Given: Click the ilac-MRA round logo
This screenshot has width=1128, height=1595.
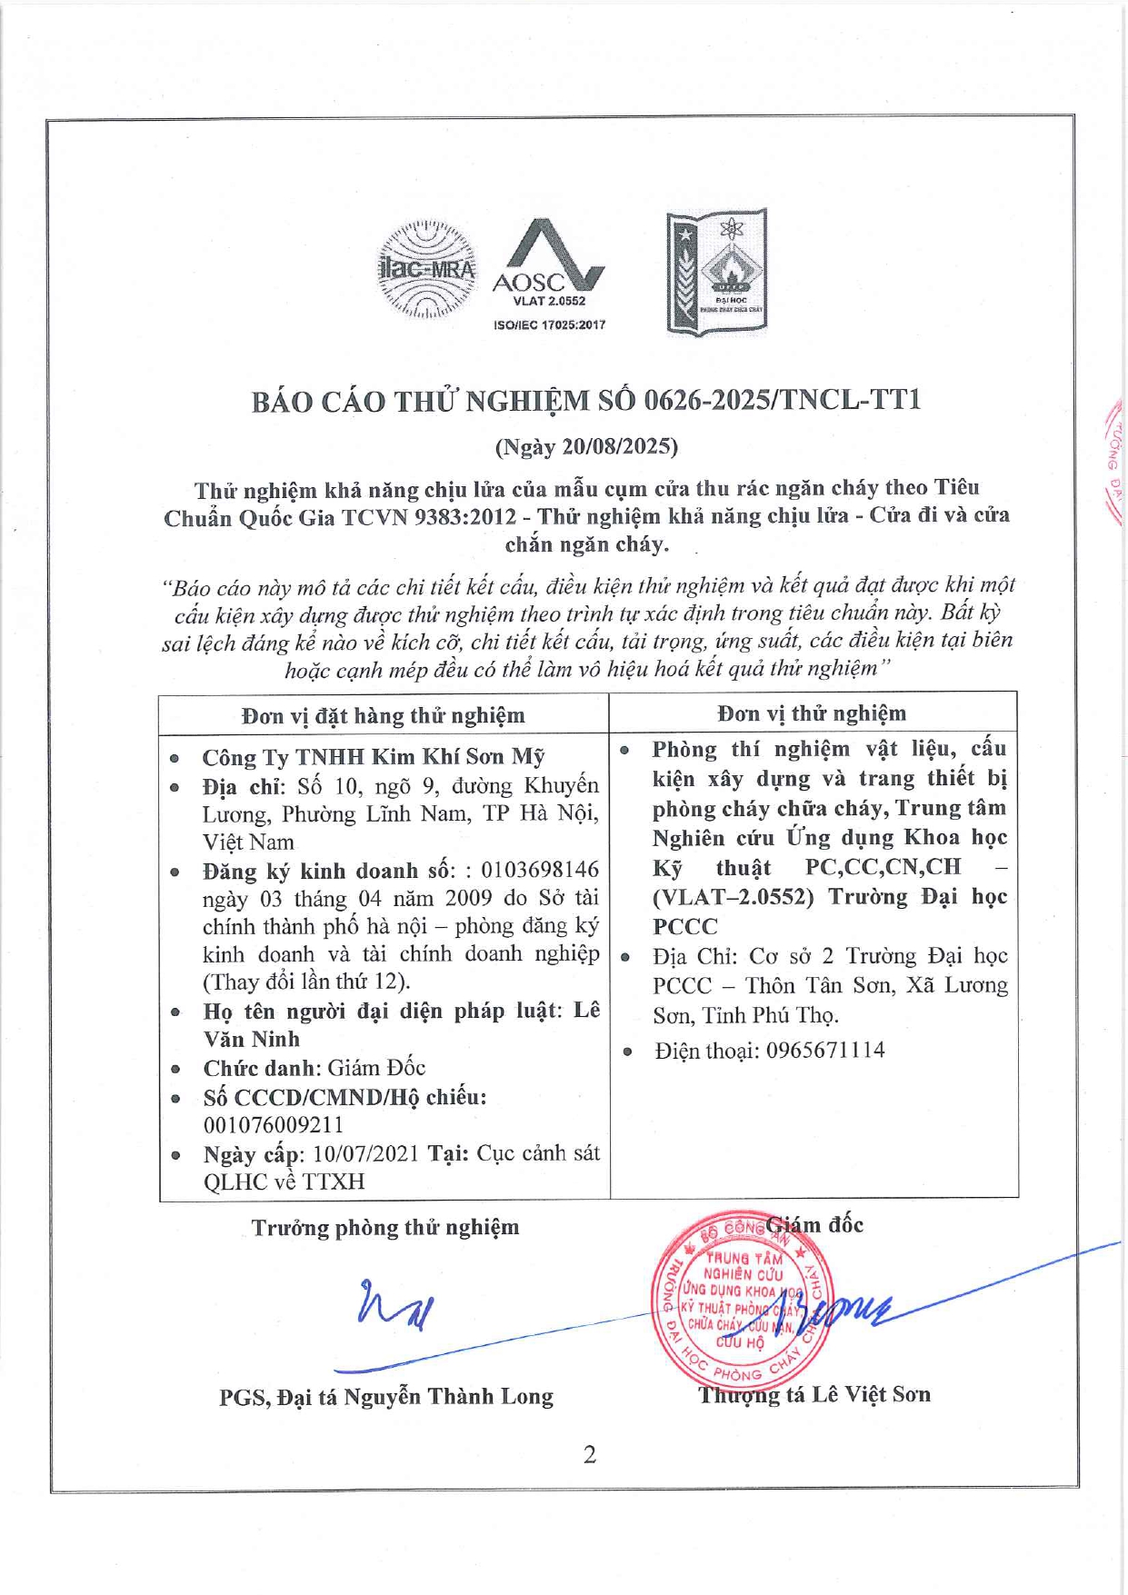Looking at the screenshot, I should point(426,271).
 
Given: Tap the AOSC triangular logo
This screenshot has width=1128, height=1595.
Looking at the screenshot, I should point(548,259).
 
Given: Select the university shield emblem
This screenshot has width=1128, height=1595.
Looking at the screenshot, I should point(717,272).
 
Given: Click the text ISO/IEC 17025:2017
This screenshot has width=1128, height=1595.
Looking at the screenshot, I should point(549,324).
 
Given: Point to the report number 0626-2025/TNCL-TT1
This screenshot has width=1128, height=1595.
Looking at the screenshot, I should point(782,400).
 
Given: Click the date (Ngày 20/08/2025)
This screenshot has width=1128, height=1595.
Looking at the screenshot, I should point(586,446).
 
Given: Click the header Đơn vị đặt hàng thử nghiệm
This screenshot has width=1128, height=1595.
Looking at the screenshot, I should point(383,715).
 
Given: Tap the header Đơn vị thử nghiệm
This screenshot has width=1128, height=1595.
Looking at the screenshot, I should point(812,713).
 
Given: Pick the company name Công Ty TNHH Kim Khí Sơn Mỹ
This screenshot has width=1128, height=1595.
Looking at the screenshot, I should point(373,756).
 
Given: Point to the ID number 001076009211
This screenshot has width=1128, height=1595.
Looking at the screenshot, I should point(273,1124).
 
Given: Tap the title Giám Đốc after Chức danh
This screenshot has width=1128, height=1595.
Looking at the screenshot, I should point(376,1067).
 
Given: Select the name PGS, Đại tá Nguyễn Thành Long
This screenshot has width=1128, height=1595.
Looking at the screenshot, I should point(386,1396).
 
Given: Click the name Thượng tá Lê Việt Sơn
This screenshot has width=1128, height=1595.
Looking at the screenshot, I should point(814,1394).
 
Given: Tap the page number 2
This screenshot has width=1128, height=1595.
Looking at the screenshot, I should point(590,1455).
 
